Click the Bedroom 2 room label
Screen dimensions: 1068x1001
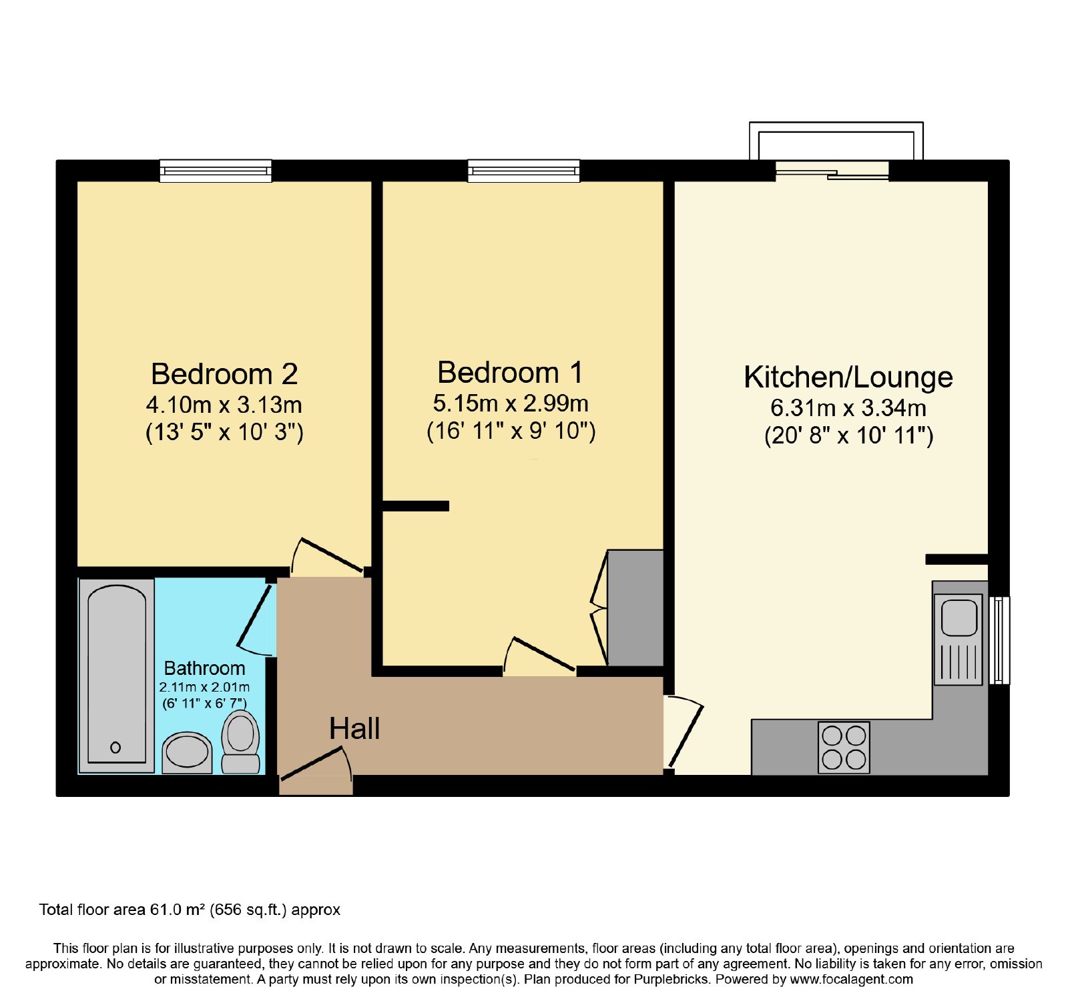[224, 374]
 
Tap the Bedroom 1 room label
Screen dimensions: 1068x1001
[511, 373]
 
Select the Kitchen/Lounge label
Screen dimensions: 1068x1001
[848, 377]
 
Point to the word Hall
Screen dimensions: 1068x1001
[354, 729]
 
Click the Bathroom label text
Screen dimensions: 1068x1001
[204, 668]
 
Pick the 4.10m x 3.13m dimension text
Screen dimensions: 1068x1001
[224, 405]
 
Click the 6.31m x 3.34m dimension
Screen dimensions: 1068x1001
[848, 408]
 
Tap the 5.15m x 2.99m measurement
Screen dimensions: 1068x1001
[511, 403]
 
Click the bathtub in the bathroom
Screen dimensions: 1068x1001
[117, 675]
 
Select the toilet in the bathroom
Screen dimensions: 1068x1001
[240, 742]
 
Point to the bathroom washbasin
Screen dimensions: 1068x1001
[187, 753]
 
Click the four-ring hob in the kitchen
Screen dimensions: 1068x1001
[844, 747]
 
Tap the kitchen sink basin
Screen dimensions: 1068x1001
[959, 618]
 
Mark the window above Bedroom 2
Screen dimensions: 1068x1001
[216, 171]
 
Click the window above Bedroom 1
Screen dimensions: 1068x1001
[524, 171]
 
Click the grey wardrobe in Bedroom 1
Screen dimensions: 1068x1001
[635, 608]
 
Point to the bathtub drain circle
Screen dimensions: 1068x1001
[115, 748]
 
